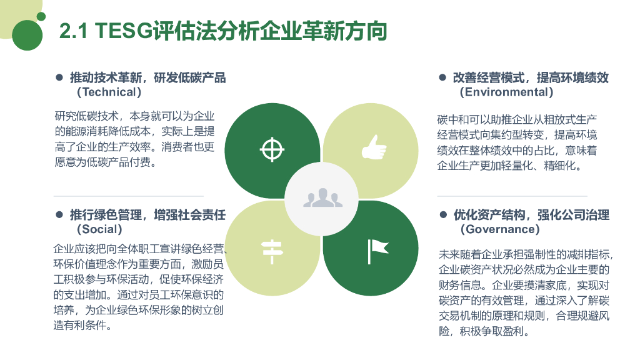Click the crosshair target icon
point(271,149)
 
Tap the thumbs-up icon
point(374,147)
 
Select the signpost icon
point(272,250)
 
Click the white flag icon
point(377,250)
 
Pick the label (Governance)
point(500,229)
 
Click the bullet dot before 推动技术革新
point(60,77)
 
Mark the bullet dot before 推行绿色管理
point(60,214)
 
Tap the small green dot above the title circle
point(41,16)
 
